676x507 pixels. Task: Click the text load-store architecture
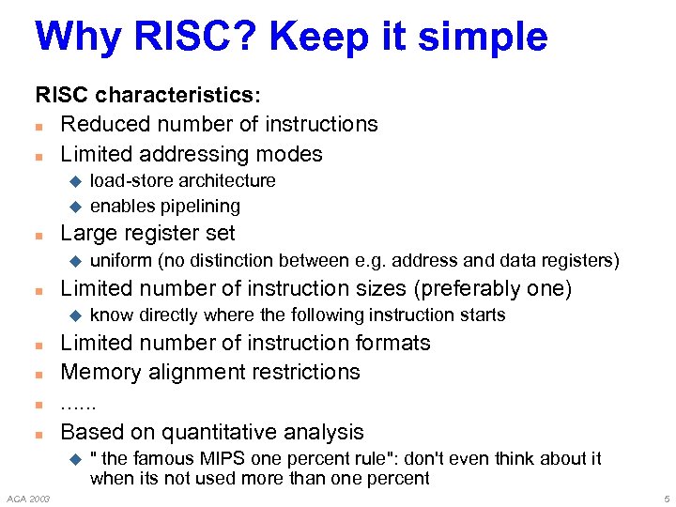click(x=182, y=180)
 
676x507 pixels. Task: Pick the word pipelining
click(x=201, y=206)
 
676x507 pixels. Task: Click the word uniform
click(x=120, y=260)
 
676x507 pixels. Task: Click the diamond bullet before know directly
click(x=77, y=315)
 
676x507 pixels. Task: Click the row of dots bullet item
click(x=79, y=403)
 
